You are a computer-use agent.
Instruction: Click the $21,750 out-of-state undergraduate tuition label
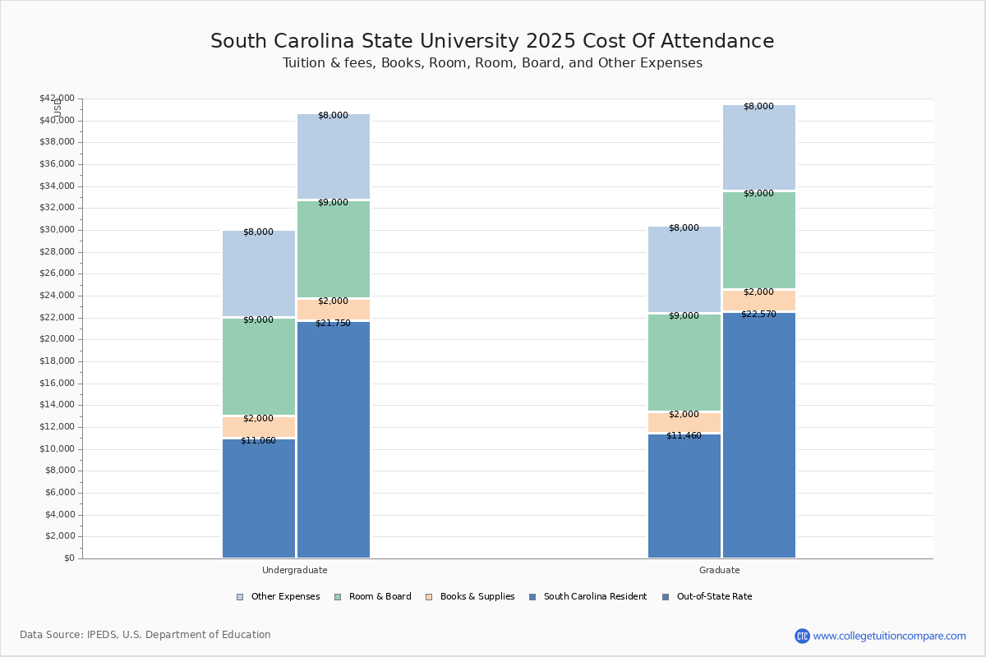pos(333,324)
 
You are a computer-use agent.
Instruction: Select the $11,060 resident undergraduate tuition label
pos(258,441)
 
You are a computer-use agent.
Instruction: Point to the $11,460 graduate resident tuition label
pos(684,436)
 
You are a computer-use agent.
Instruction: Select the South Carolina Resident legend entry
pos(587,597)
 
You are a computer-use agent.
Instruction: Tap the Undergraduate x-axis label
pos(295,570)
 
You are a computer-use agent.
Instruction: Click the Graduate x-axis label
pos(720,570)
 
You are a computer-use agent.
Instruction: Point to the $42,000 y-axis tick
pos(57,99)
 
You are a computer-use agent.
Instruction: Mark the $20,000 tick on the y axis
pos(57,339)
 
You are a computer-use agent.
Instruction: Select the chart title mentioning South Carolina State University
pos(492,42)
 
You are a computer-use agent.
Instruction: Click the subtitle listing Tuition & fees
pos(492,63)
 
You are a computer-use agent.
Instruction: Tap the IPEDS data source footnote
pos(145,635)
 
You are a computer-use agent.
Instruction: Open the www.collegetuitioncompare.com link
pos(889,636)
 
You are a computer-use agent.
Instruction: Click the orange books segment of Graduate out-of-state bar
pos(759,301)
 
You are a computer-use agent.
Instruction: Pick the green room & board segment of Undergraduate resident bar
pos(259,366)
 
